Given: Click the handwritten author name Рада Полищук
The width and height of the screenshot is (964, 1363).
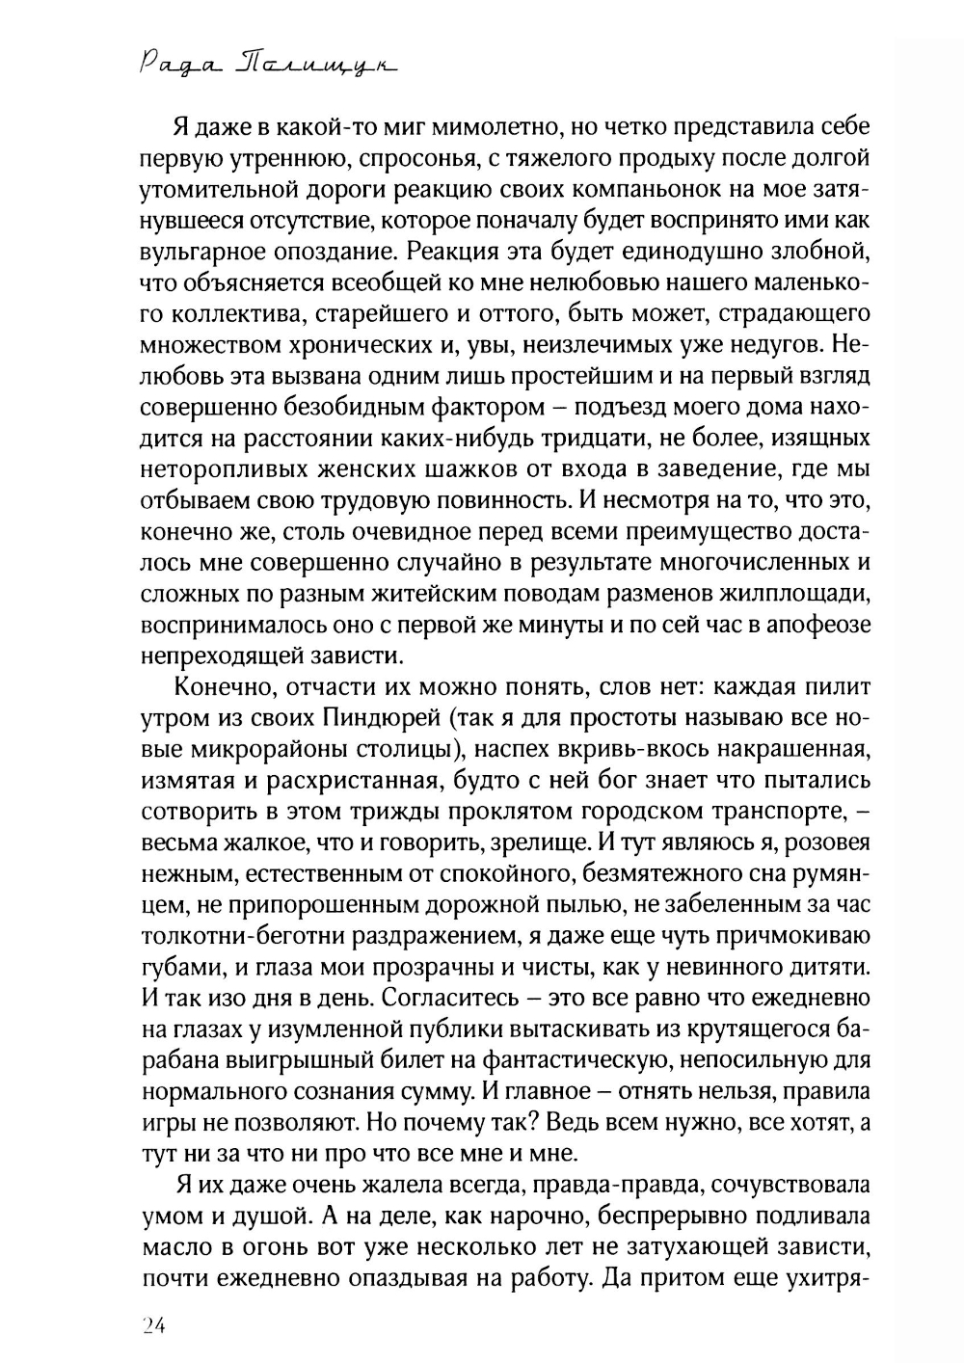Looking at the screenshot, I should [263, 65].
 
